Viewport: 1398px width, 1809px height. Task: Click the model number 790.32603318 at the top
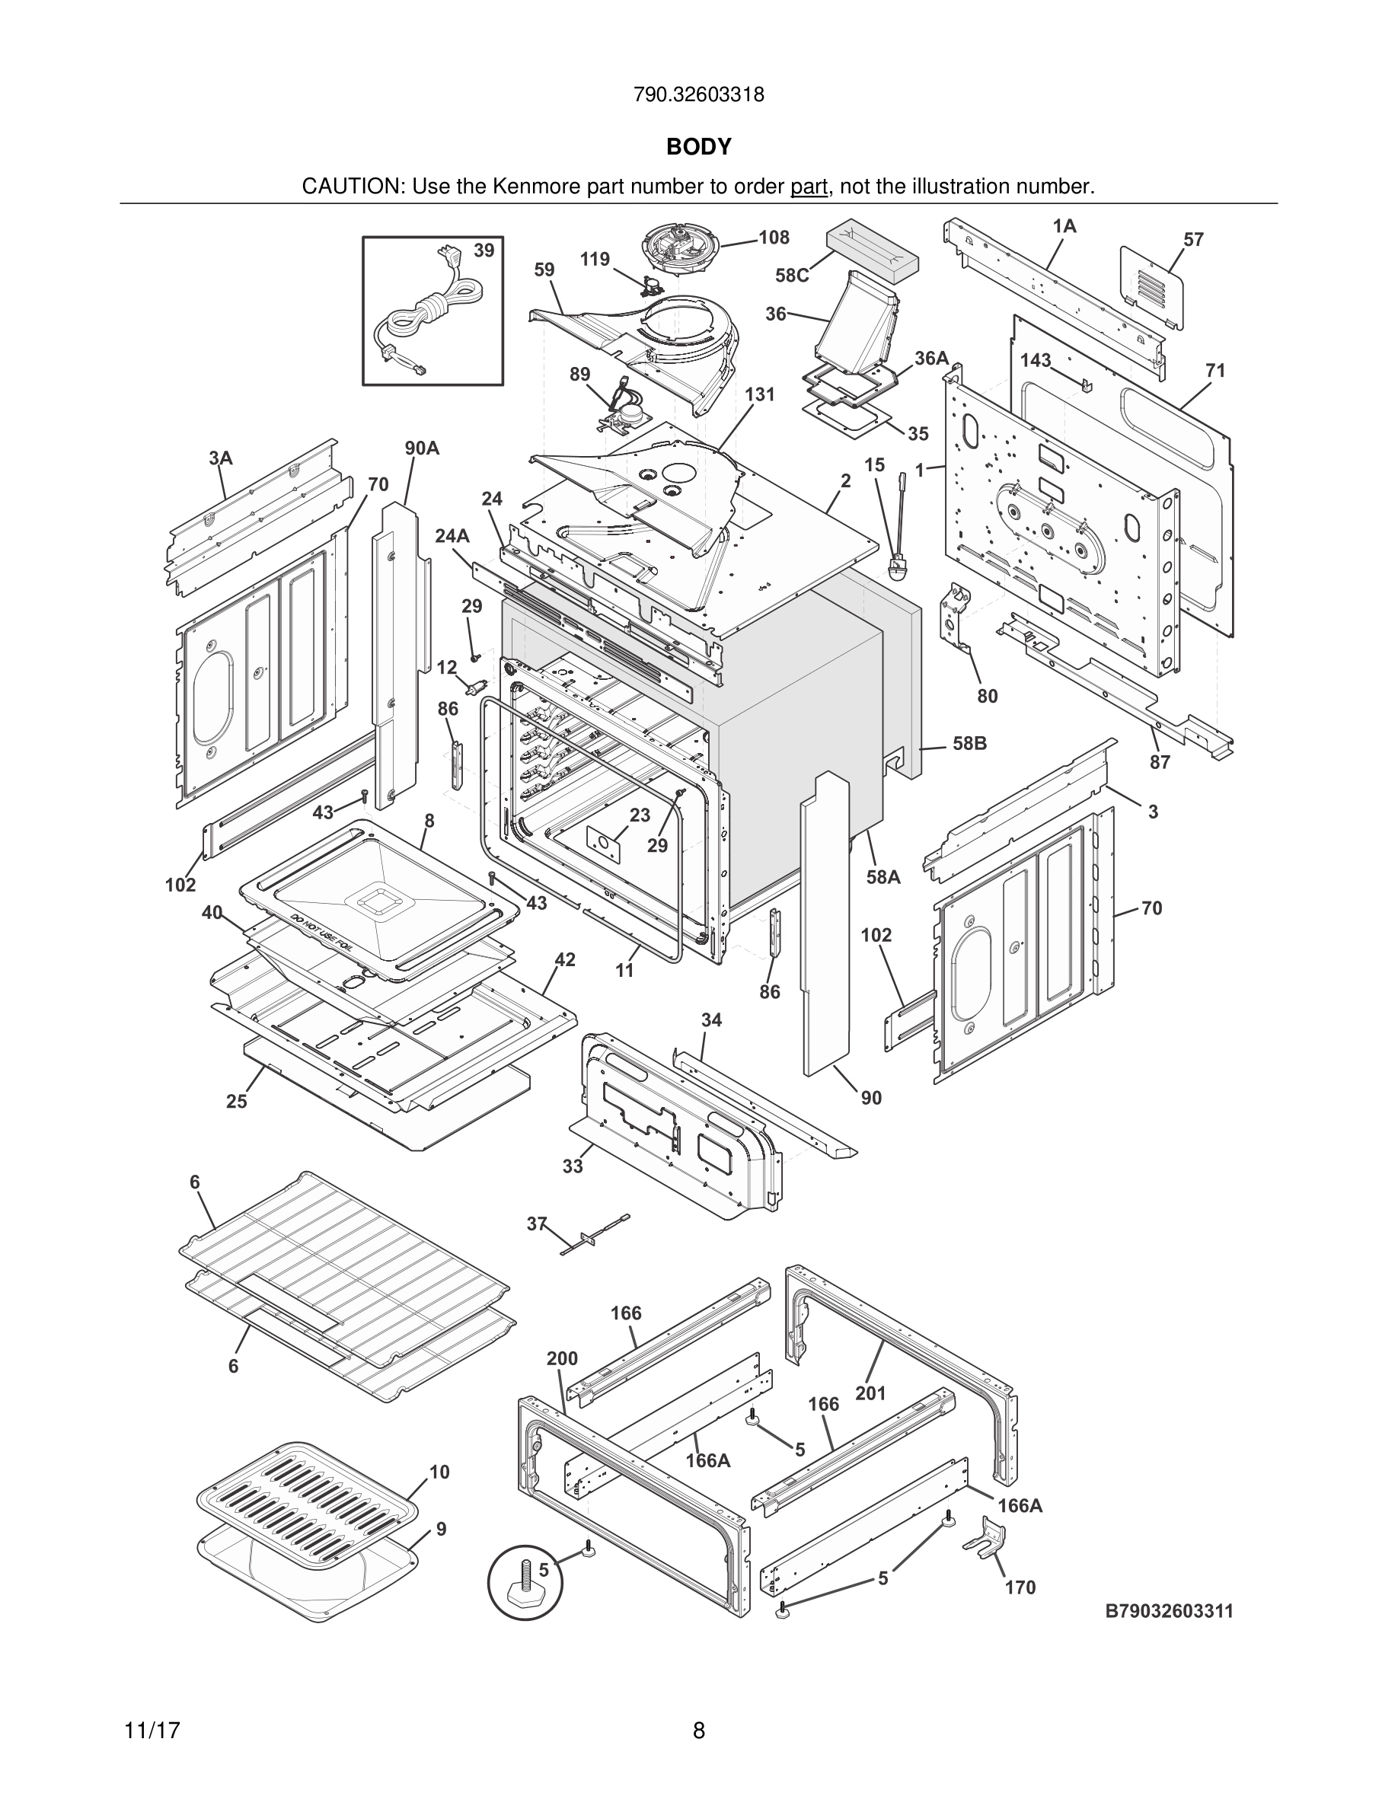click(698, 95)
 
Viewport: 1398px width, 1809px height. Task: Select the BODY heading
click(698, 147)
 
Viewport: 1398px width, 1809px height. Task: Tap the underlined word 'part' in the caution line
click(809, 187)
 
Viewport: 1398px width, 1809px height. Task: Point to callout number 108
click(774, 238)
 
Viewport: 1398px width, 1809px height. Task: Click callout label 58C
click(792, 276)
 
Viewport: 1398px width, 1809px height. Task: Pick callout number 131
click(759, 394)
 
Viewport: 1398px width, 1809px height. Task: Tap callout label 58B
click(969, 743)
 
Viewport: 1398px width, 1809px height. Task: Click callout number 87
click(1160, 762)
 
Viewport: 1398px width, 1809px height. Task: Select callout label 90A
click(422, 448)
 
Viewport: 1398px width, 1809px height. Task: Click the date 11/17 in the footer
click(152, 1731)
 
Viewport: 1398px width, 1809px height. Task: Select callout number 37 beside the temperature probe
click(537, 1223)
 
